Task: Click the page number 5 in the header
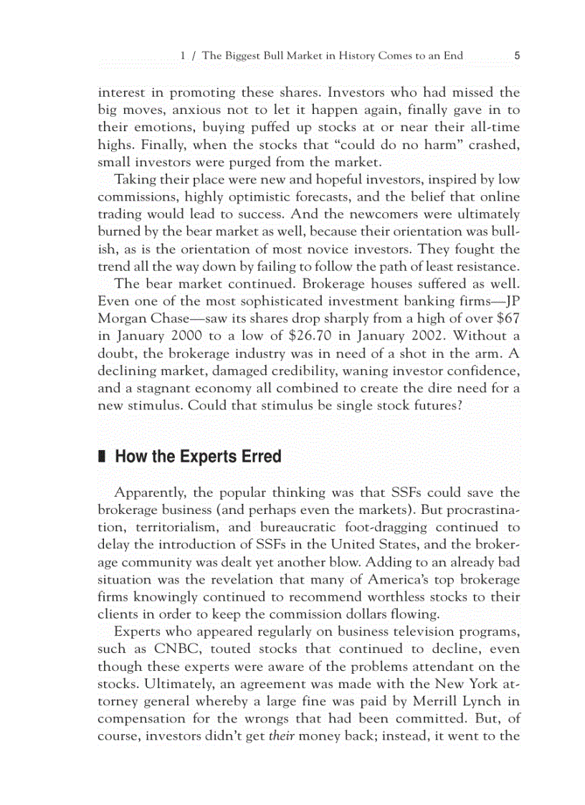(x=516, y=55)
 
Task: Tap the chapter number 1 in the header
(x=184, y=55)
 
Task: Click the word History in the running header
(x=345, y=55)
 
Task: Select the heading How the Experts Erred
(x=198, y=457)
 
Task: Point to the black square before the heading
(x=101, y=457)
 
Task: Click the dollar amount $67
(x=507, y=317)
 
